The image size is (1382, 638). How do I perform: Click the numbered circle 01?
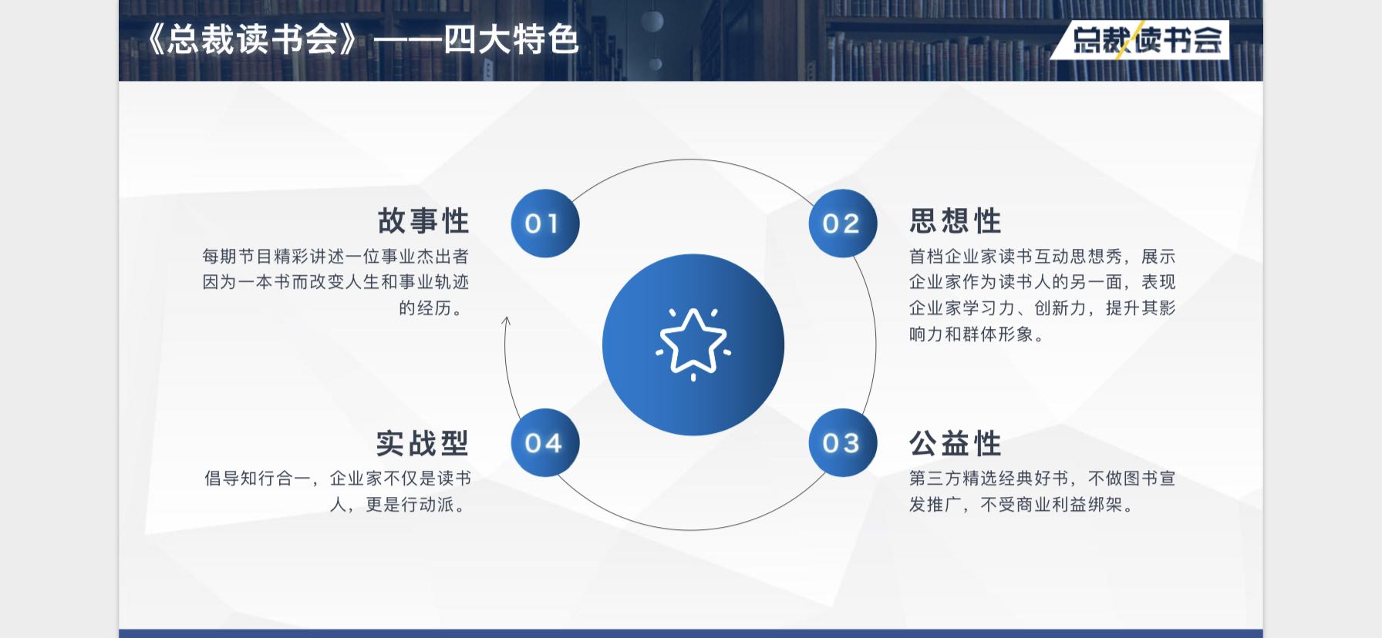[544, 223]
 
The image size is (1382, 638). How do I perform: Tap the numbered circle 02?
[842, 223]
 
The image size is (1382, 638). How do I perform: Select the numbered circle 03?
[842, 443]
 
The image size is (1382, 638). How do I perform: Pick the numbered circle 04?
[544, 443]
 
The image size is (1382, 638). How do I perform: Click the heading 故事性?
[423, 221]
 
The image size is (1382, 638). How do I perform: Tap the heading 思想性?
[956, 221]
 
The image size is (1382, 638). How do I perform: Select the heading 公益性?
[956, 444]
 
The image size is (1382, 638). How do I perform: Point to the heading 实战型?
[423, 444]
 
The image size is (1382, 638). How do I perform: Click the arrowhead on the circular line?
[506, 321]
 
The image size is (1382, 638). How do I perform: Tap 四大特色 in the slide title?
[511, 39]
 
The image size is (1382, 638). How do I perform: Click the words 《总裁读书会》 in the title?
[252, 39]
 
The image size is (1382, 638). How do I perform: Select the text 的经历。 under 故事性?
[433, 308]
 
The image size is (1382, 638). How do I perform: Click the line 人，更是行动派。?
[400, 505]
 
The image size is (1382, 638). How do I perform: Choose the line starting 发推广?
[1023, 505]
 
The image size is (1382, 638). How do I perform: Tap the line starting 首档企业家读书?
[1042, 257]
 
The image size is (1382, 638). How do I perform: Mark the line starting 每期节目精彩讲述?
[335, 257]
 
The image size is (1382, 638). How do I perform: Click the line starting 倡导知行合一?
[338, 478]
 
